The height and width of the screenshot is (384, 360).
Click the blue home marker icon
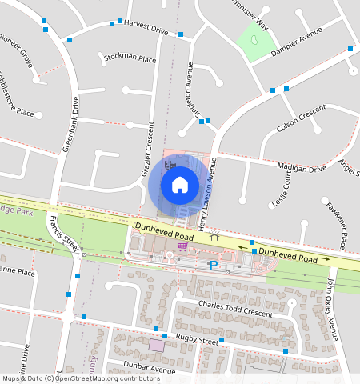tap(180, 185)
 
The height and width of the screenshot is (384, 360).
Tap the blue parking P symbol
tap(214, 265)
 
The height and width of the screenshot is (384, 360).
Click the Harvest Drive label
tap(146, 28)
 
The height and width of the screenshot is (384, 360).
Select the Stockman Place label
tap(130, 58)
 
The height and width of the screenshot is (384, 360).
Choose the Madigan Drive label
tap(302, 167)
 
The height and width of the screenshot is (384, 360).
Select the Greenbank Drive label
tap(72, 125)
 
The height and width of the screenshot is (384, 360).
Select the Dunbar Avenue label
tap(150, 370)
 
